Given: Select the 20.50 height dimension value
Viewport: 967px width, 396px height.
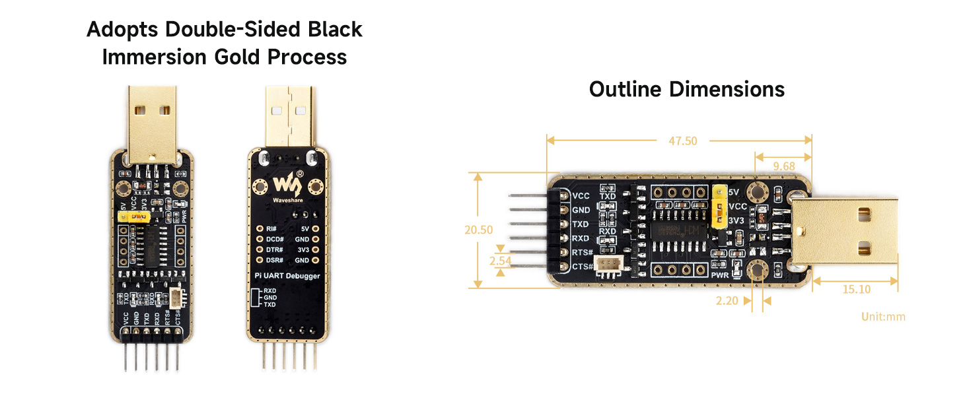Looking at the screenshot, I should pyautogui.click(x=479, y=230).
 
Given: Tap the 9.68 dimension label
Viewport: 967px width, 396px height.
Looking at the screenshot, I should pyautogui.click(x=784, y=166).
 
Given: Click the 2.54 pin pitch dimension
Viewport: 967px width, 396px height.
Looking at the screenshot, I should pyautogui.click(x=500, y=261).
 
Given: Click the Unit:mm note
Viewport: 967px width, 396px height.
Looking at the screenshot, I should pyautogui.click(x=883, y=317).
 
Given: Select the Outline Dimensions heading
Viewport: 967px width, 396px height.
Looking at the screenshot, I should pyautogui.click(x=687, y=89).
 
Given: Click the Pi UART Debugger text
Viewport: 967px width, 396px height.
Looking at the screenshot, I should pyautogui.click(x=287, y=275).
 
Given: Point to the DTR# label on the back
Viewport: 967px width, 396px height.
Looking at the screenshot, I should pyautogui.click(x=274, y=249).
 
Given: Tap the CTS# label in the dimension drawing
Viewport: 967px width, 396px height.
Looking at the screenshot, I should pyautogui.click(x=581, y=267).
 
